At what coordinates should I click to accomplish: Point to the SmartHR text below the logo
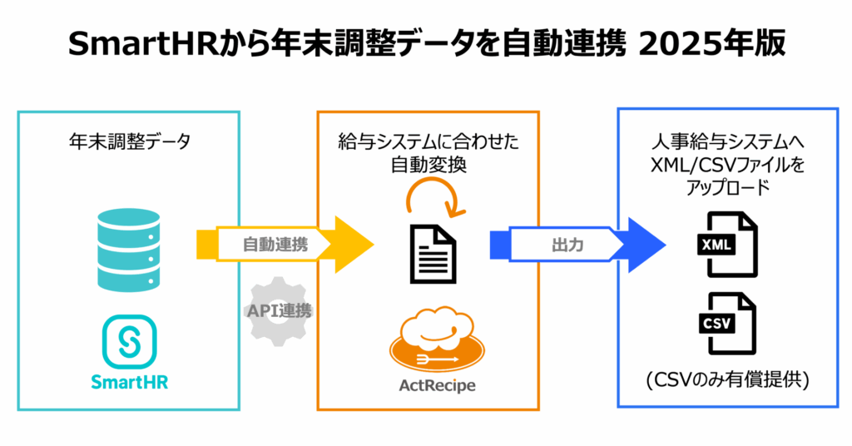click(x=129, y=383)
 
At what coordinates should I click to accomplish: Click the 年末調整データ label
click(x=129, y=141)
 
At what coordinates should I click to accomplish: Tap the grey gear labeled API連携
click(x=280, y=311)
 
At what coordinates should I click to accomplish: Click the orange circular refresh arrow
click(x=428, y=197)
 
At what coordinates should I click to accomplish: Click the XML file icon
click(x=726, y=244)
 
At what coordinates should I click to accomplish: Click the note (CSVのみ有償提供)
click(x=726, y=381)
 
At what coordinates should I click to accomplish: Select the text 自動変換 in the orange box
click(x=428, y=165)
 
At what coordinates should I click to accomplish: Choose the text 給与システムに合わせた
click(x=428, y=142)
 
